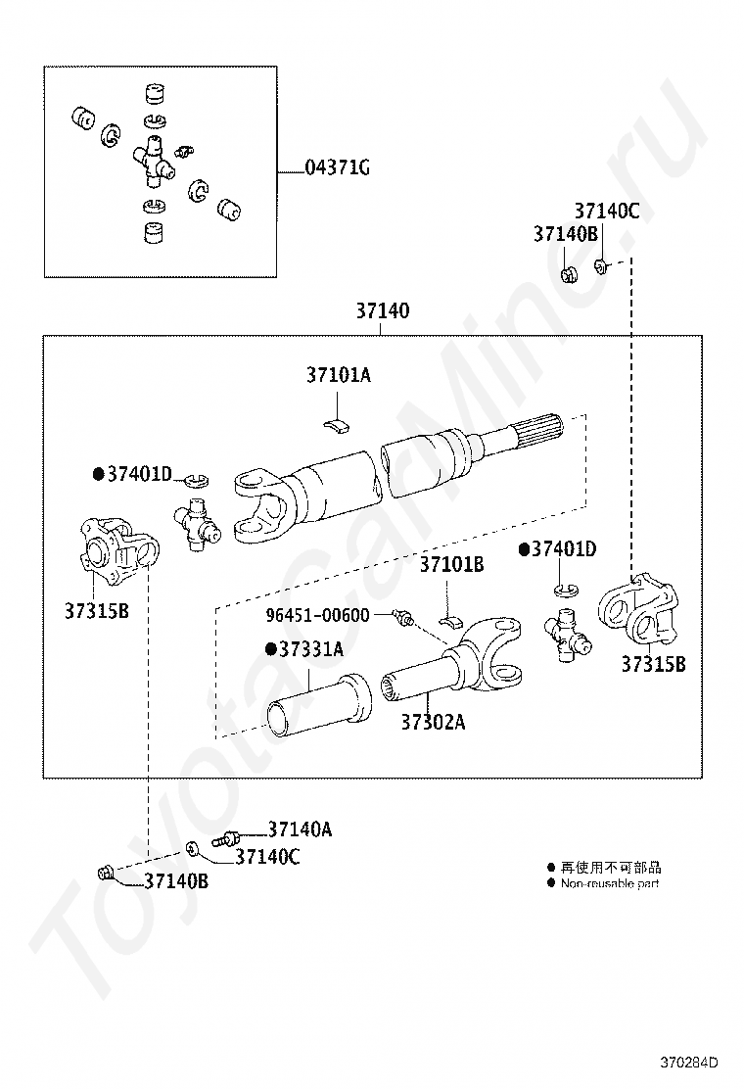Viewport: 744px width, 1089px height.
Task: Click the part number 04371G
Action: pyautogui.click(x=338, y=168)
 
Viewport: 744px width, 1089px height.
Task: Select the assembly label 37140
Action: pyautogui.click(x=383, y=310)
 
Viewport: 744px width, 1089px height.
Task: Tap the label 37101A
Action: pyautogui.click(x=339, y=375)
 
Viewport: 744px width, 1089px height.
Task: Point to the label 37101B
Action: pyautogui.click(x=451, y=565)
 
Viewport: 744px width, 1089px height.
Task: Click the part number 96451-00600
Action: pyautogui.click(x=318, y=615)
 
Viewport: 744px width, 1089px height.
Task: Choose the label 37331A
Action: pyautogui.click(x=311, y=649)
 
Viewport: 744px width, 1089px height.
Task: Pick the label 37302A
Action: pyautogui.click(x=433, y=723)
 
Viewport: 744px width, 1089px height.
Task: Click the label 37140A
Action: pyautogui.click(x=300, y=829)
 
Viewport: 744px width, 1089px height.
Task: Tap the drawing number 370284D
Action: pyautogui.click(x=688, y=1063)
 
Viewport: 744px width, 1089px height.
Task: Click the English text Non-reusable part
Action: pyautogui.click(x=609, y=883)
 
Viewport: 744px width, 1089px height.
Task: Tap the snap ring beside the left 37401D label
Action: pyautogui.click(x=197, y=480)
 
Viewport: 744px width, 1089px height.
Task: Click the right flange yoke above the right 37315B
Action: pyautogui.click(x=637, y=609)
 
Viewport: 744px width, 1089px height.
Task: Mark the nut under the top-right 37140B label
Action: pyautogui.click(x=569, y=273)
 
